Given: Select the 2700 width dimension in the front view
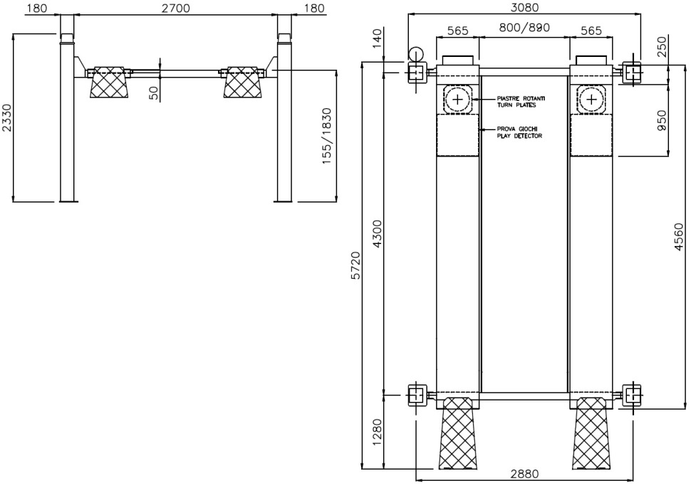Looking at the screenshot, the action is (x=175, y=8).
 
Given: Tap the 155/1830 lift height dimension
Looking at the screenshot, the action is (x=326, y=136).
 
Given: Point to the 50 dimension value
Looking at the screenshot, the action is (x=153, y=93).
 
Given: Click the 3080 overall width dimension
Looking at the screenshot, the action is (x=524, y=7).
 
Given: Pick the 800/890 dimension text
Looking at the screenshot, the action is (x=524, y=28).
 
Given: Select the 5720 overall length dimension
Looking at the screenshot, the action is (x=356, y=265).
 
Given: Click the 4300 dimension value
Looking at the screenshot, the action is (x=378, y=233).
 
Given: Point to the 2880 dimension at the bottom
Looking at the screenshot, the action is (x=524, y=474).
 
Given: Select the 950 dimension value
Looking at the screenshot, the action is (x=662, y=120).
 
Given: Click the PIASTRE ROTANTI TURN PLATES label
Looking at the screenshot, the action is (x=521, y=102).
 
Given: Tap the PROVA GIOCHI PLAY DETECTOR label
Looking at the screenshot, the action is (x=519, y=132).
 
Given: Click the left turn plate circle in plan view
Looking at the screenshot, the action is (x=458, y=99).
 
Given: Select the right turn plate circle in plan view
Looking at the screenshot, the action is (x=591, y=99).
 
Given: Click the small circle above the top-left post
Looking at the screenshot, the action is (x=415, y=55).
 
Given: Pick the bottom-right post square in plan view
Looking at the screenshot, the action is (x=631, y=395).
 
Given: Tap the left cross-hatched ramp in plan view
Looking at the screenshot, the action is (x=458, y=433).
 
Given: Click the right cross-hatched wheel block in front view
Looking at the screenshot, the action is (x=241, y=83).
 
